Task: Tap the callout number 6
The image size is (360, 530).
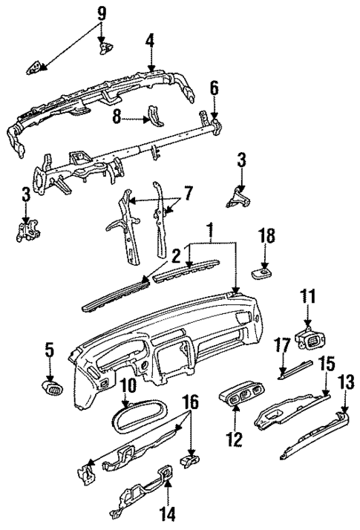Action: coord(214,88)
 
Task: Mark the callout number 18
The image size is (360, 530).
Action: coord(266,237)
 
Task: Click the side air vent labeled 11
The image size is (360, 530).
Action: coord(310,339)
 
